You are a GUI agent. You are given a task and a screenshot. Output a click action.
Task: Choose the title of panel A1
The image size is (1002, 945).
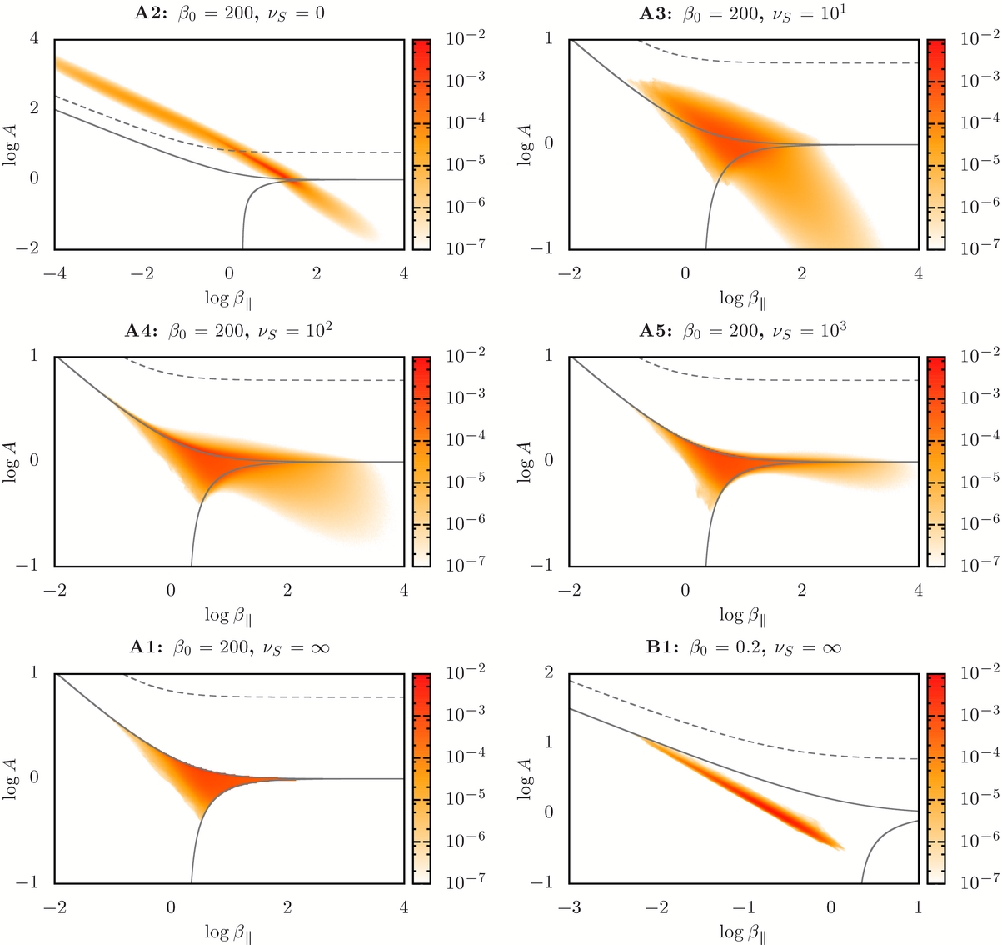230,648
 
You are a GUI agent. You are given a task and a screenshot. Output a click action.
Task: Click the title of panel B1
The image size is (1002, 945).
743,648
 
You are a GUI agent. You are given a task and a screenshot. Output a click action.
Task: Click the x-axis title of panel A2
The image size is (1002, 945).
230,297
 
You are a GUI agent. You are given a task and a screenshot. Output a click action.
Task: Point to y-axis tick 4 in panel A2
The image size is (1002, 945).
35,38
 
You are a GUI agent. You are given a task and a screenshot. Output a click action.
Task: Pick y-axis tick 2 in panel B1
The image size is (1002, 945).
549,672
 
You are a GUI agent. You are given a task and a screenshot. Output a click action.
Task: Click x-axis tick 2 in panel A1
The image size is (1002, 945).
287,907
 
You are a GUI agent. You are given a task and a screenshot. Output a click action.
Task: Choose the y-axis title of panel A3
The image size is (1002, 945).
526,143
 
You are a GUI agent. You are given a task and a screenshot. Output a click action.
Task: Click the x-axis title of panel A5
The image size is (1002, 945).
743,615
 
